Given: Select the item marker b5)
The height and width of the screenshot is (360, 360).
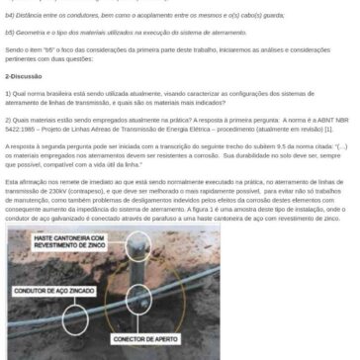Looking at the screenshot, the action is tap(8, 31).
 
